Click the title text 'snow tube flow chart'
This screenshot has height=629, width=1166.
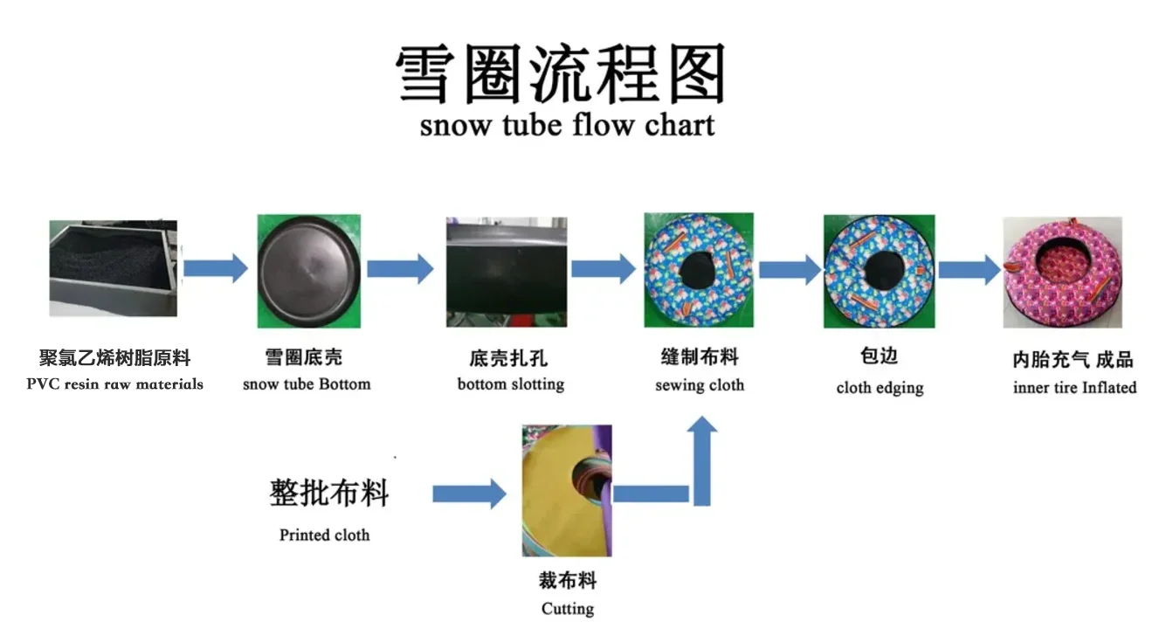click(x=568, y=126)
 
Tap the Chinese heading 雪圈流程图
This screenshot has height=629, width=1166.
click(x=561, y=73)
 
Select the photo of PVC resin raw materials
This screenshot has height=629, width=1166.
click(x=113, y=268)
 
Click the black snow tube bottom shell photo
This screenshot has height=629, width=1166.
click(x=308, y=272)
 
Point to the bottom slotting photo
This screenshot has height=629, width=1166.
click(x=507, y=272)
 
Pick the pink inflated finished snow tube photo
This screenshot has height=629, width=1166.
click(x=1062, y=273)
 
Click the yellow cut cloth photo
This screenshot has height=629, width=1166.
click(x=567, y=490)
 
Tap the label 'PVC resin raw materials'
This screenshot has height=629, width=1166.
click(x=115, y=384)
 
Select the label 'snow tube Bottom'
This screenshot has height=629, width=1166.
click(x=307, y=384)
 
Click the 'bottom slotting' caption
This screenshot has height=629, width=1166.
click(x=511, y=384)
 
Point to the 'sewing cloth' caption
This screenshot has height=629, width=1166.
click(x=700, y=385)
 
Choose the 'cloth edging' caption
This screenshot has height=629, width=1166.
click(x=880, y=388)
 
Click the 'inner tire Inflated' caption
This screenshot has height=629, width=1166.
click(x=1075, y=387)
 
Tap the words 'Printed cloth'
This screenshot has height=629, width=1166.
click(x=324, y=535)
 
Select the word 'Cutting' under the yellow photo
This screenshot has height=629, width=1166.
click(x=568, y=609)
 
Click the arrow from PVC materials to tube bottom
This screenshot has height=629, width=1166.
click(x=216, y=268)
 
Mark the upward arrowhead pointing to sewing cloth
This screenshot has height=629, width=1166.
click(x=702, y=424)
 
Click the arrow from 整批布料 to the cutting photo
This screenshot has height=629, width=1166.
click(x=469, y=494)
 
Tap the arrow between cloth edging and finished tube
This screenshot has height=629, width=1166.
click(x=969, y=270)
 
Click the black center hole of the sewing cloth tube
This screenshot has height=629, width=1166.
click(x=698, y=270)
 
